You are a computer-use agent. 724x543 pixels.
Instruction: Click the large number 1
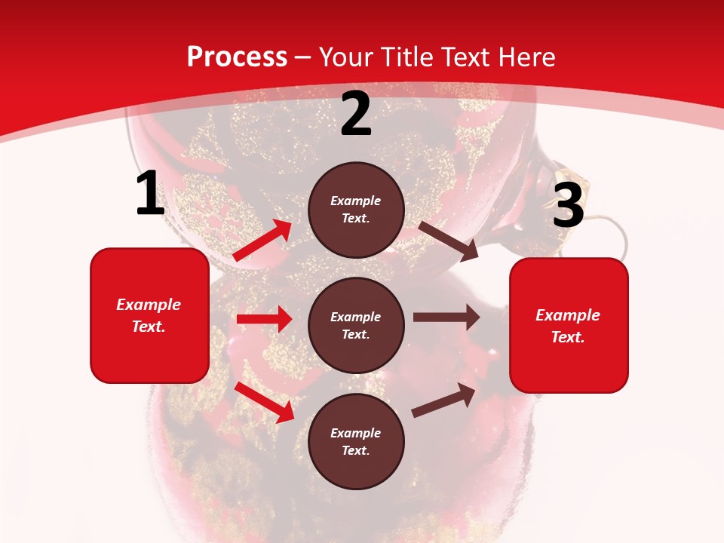[x=150, y=194]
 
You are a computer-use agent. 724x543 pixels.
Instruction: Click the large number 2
[x=356, y=115]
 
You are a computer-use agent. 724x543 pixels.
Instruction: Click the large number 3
[x=568, y=206]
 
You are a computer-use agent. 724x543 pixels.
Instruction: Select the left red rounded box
[x=149, y=315]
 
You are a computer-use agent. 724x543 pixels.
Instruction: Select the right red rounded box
[x=569, y=325]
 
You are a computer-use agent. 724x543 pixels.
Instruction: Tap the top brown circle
[x=356, y=210]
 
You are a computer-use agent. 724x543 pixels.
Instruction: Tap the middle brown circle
[x=356, y=325]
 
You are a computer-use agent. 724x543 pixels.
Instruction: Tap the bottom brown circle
[x=356, y=441]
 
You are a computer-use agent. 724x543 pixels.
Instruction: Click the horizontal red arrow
[x=264, y=319]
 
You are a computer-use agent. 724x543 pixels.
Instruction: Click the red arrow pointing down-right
[x=264, y=402]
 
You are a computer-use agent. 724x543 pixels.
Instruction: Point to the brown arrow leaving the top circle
[x=449, y=241]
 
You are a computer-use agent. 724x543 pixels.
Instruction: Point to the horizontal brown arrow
[x=446, y=317]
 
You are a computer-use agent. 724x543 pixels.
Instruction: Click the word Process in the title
[x=237, y=57]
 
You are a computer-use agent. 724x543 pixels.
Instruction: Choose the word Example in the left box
[x=149, y=305]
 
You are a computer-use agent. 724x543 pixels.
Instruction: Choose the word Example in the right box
[x=568, y=315]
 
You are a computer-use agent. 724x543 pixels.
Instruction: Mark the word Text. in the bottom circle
[x=356, y=450]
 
